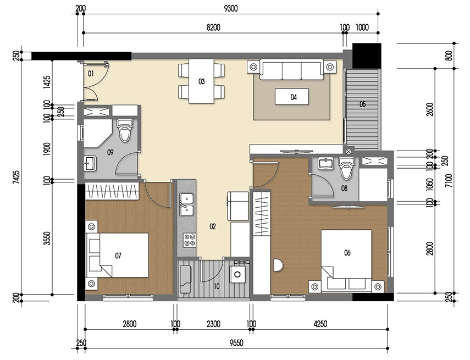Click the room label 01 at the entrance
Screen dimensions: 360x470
91,73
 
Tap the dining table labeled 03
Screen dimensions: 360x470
202,81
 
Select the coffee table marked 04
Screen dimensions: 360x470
293,97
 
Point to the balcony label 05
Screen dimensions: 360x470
362,104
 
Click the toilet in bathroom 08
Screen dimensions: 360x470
346,170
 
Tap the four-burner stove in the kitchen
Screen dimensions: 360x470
190,240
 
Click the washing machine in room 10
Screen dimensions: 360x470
238,275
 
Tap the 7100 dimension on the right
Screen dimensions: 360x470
449,181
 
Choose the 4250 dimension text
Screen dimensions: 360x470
319,324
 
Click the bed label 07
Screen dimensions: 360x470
118,255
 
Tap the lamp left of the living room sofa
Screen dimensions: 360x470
253,67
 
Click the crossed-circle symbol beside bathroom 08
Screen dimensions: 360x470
347,151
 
